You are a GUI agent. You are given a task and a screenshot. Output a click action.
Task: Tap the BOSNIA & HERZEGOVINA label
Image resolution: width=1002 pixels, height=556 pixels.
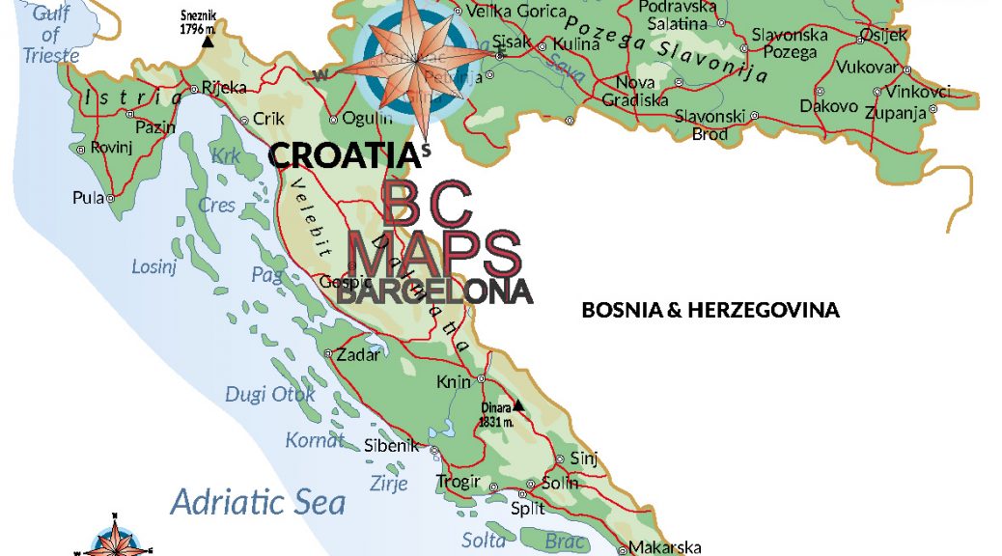(x=710, y=311)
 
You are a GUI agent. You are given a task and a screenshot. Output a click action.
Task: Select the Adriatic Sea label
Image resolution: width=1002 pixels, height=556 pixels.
(x=258, y=502)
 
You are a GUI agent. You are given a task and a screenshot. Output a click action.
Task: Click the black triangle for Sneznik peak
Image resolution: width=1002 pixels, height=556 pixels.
(x=207, y=42)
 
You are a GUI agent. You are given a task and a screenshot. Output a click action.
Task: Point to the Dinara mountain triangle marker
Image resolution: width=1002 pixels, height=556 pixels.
(x=518, y=405)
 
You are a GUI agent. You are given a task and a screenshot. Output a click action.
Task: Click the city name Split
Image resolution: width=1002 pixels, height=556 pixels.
(x=528, y=508)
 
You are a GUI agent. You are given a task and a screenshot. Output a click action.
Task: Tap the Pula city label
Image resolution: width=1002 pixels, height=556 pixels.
(x=87, y=197)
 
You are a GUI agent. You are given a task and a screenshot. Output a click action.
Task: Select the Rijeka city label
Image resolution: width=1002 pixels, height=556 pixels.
(x=224, y=88)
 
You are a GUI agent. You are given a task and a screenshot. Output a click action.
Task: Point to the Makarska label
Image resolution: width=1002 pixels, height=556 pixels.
(x=665, y=547)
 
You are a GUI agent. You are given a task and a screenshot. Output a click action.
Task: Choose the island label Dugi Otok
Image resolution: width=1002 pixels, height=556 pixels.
(x=270, y=394)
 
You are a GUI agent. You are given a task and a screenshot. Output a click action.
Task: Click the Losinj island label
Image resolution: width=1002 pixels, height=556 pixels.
(x=154, y=266)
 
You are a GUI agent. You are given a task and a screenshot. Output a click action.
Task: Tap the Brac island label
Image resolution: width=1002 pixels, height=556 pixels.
(x=566, y=541)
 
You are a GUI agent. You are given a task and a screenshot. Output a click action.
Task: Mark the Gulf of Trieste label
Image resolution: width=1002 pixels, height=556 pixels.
(x=49, y=35)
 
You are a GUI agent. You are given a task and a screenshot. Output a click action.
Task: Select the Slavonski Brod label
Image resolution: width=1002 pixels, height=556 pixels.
(x=710, y=125)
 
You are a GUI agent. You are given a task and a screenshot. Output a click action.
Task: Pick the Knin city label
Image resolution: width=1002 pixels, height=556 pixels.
(x=453, y=382)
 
